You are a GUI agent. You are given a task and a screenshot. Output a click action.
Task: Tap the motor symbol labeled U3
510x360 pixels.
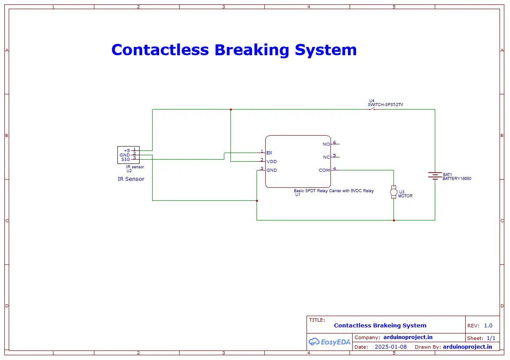pyautogui.click(x=393, y=191)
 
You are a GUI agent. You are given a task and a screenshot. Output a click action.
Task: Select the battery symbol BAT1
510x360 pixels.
pyautogui.click(x=435, y=176)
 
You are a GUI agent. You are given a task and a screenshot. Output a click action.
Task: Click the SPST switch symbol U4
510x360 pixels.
pyautogui.click(x=372, y=109)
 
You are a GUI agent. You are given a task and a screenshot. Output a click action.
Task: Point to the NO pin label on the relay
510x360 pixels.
pyautogui.click(x=326, y=144)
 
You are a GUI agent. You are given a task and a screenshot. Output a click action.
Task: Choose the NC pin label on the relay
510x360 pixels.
pyautogui.click(x=326, y=157)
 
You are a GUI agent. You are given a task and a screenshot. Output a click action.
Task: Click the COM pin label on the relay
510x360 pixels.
pyautogui.click(x=324, y=170)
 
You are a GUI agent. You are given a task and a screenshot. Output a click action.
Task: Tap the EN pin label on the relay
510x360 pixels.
pyautogui.click(x=269, y=153)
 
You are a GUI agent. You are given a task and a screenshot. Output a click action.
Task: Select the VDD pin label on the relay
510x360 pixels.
pyautogui.click(x=272, y=162)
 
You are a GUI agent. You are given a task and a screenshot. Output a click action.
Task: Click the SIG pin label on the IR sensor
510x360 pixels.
pyautogui.click(x=125, y=160)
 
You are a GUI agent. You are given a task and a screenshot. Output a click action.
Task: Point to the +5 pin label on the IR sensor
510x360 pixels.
pyautogui.click(x=127, y=151)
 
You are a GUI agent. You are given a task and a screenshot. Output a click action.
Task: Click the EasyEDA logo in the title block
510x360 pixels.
pyautogui.click(x=330, y=342)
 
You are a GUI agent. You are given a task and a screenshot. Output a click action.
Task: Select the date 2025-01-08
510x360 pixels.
pyautogui.click(x=390, y=347)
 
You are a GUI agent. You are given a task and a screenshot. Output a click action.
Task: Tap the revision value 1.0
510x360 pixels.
pyautogui.click(x=488, y=326)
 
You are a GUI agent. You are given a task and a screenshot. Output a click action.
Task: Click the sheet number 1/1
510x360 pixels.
pyautogui.click(x=491, y=338)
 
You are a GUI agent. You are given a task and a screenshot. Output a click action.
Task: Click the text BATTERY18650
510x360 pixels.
pyautogui.click(x=457, y=179)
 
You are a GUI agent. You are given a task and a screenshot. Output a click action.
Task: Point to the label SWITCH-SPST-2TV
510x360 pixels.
pyautogui.click(x=385, y=105)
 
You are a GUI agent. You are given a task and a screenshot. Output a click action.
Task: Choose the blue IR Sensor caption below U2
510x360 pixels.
pyautogui.click(x=131, y=179)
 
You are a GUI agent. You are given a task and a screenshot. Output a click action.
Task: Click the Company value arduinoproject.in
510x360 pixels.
pyautogui.click(x=408, y=337)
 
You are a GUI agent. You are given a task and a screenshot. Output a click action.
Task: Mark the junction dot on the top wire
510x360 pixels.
pyautogui.click(x=231, y=110)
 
